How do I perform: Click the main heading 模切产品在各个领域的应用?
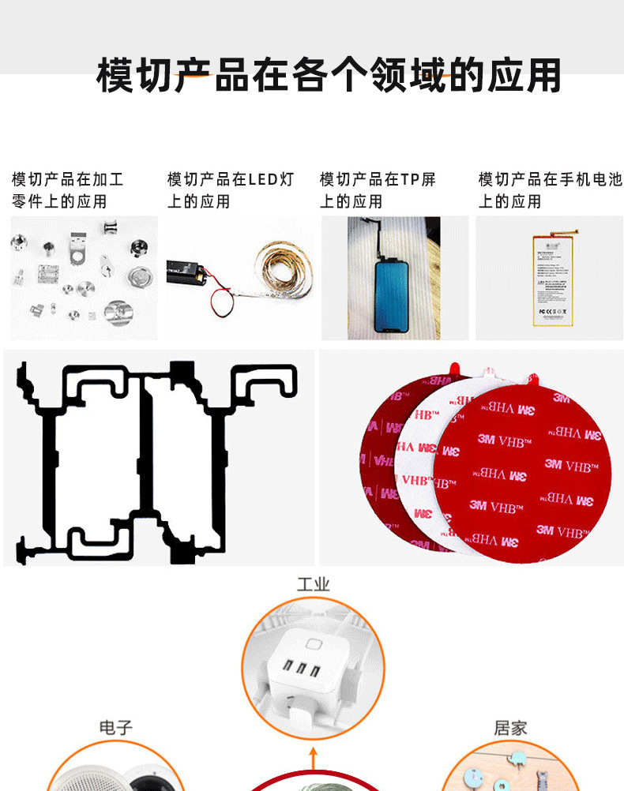tap(328, 75)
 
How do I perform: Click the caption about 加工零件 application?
tap(67, 190)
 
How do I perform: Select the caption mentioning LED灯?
tap(231, 190)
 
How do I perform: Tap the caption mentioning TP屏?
tap(378, 190)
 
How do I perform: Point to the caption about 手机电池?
tap(550, 190)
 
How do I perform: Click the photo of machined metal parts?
tap(83, 278)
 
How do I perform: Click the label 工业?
tap(313, 584)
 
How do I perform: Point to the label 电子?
tap(115, 727)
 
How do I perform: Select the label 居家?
tap(510, 727)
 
